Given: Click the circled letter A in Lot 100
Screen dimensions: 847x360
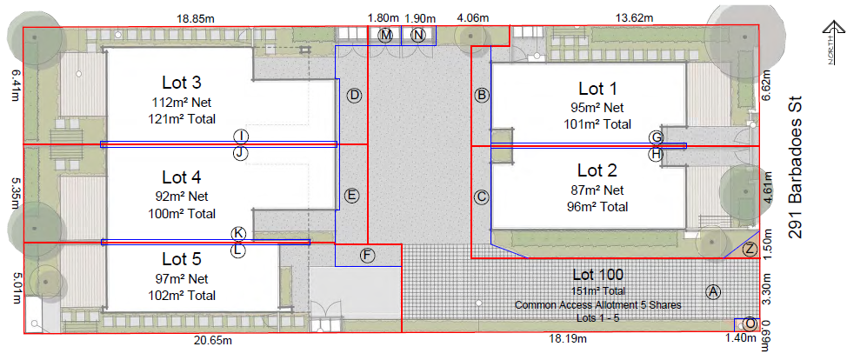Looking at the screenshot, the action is click(x=714, y=292).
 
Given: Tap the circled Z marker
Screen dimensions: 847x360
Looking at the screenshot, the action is click(x=750, y=250).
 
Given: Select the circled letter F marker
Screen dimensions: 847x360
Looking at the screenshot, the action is click(x=367, y=255).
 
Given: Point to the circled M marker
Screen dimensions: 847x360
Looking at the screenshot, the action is click(x=385, y=36).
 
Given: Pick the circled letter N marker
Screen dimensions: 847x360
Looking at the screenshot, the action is click(x=418, y=36).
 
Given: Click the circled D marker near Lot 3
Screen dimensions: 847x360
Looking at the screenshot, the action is click(x=354, y=96).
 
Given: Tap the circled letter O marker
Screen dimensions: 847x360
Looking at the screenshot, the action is click(x=750, y=323).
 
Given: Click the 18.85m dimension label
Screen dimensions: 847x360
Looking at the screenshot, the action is click(x=195, y=18).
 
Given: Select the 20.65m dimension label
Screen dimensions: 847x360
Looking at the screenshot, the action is click(x=213, y=340).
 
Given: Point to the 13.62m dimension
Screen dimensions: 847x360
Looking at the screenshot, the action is click(x=634, y=18).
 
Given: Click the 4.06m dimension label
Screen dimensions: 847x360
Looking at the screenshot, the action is click(x=472, y=18).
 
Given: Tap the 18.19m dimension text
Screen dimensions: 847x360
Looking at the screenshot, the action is click(x=567, y=339).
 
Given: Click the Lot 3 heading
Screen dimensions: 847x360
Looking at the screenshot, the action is click(x=182, y=83).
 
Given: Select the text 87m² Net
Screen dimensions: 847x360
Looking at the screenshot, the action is click(x=597, y=190).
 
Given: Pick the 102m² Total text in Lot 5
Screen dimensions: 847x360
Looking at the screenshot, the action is click(x=182, y=295).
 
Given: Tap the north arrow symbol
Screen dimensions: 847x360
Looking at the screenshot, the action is click(x=832, y=43).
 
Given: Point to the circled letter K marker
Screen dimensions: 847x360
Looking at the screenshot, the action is click(x=238, y=234).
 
